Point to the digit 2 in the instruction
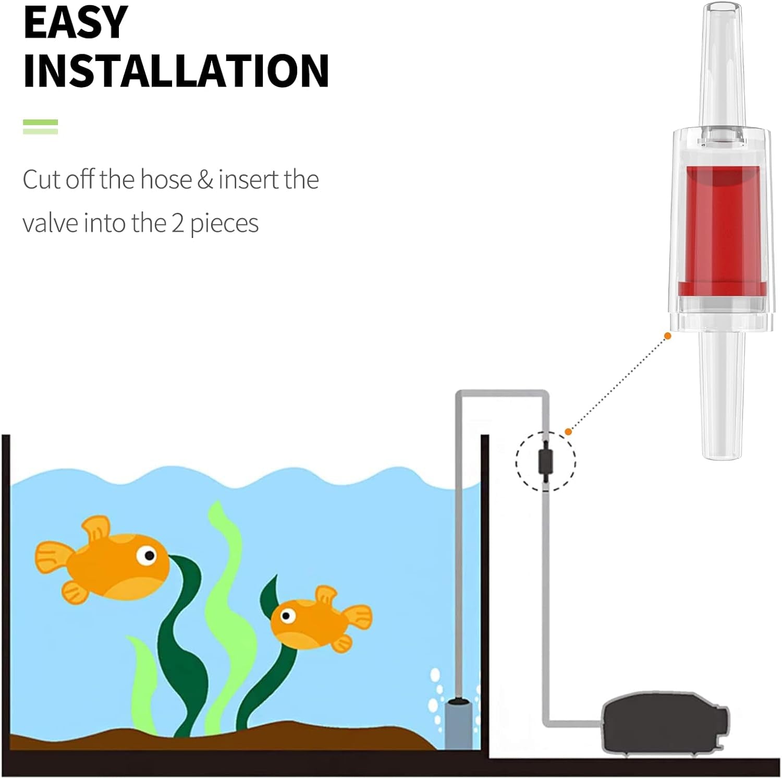pyautogui.click(x=178, y=223)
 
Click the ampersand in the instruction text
pyautogui.click(x=205, y=179)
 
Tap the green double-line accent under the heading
pyautogui.click(x=40, y=127)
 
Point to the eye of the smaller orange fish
pyautogui.click(x=286, y=616)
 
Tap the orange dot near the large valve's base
pyautogui.click(x=668, y=336)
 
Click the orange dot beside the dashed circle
pyautogui.click(x=568, y=432)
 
